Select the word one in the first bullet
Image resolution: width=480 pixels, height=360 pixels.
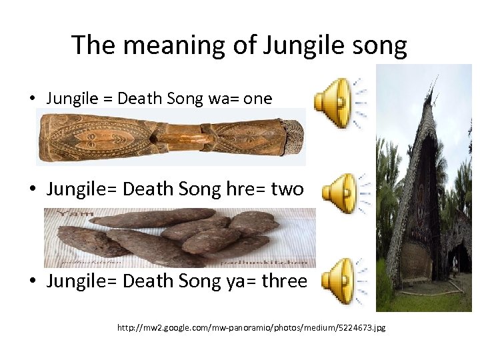tap(257, 99)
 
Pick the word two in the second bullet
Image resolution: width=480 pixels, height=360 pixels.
tap(287, 189)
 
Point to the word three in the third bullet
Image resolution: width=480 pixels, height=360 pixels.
tap(285, 281)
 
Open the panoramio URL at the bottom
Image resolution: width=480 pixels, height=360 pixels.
tap(251, 327)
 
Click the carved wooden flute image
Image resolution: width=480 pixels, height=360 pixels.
tap(171, 137)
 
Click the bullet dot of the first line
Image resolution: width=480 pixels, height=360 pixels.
tap(32, 99)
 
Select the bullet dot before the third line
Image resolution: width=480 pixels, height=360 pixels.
tap(32, 281)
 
